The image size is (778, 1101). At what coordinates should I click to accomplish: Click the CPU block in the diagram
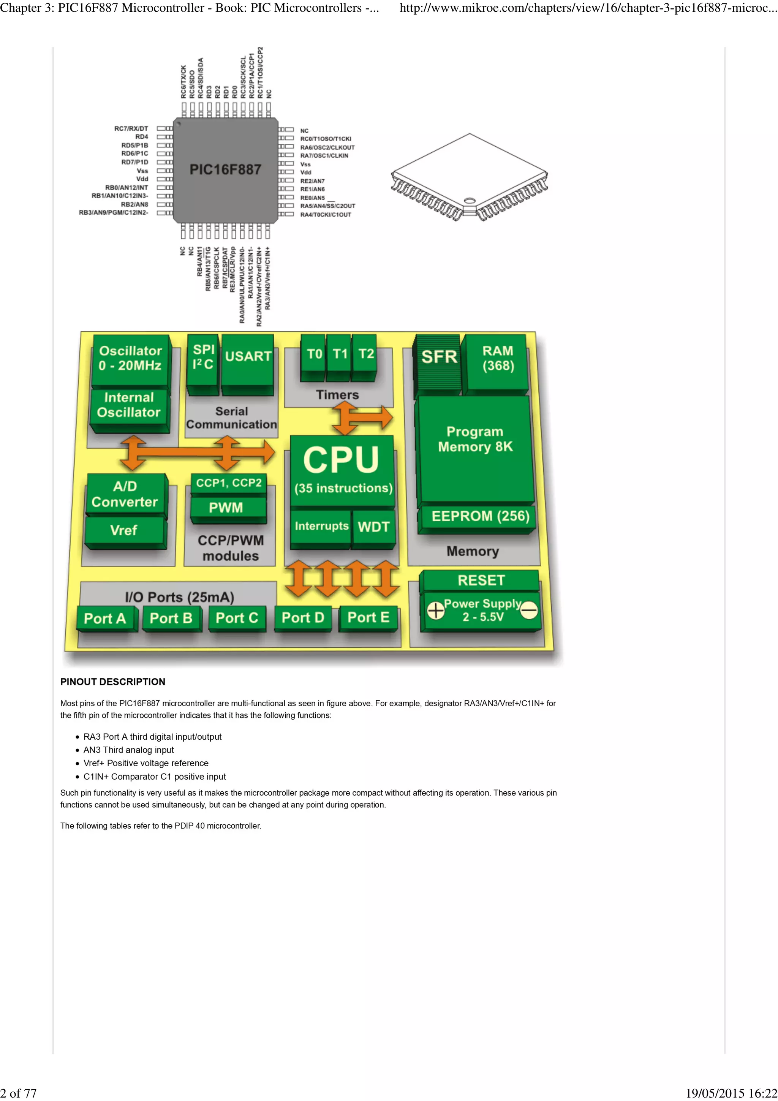pos(341,468)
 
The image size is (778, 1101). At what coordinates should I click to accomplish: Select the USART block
pos(248,357)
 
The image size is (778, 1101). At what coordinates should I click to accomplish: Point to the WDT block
pos(373,527)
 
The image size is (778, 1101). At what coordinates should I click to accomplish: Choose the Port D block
pos(302,618)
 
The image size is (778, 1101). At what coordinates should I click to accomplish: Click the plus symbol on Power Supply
pos(436,611)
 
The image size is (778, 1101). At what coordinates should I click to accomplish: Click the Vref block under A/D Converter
pos(124,530)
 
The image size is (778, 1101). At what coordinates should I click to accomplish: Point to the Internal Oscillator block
pos(128,405)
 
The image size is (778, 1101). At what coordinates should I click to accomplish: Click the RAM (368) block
pos(498,359)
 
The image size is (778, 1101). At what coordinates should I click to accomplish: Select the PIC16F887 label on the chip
pos(225,170)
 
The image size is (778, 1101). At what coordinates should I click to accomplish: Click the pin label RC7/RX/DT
pos(131,128)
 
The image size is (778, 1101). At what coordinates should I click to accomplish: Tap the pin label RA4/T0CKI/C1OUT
pos(326,215)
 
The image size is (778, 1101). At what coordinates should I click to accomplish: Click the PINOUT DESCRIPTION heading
pos(113,682)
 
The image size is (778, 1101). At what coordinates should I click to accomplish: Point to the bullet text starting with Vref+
pos(146,763)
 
